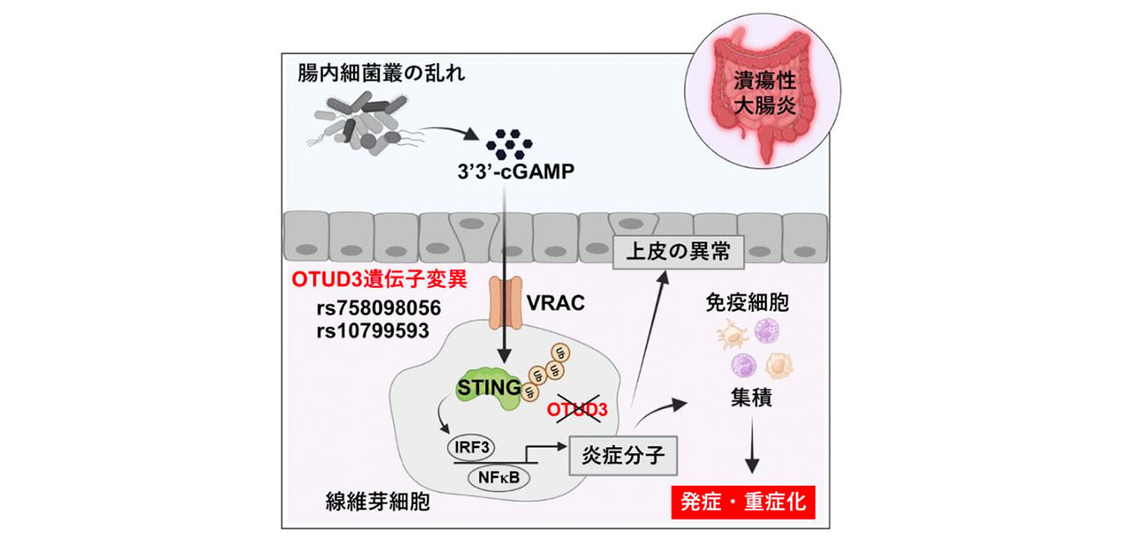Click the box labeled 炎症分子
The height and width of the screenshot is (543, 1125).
[620, 454]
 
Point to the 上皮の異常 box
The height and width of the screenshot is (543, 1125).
[672, 252]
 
